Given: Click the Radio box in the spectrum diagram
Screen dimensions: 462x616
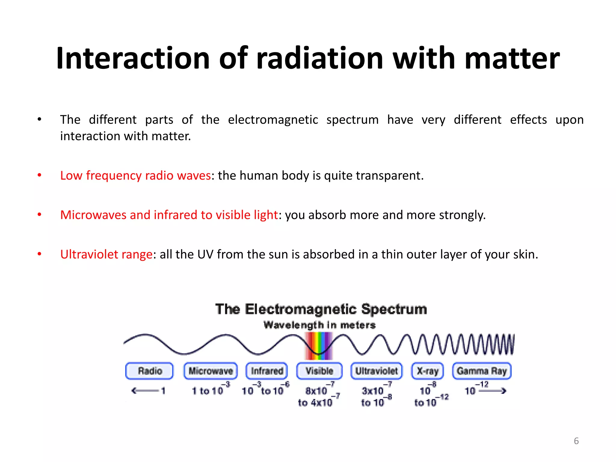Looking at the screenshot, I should tap(149, 371).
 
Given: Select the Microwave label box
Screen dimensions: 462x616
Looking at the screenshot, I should tap(211, 371).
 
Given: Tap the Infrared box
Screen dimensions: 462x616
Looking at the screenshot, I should tap(267, 371).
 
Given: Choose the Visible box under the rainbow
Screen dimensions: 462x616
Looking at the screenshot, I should tap(319, 371).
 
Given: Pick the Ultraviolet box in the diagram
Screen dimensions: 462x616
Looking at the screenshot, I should tap(377, 371).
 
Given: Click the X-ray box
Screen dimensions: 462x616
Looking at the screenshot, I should tap(427, 371).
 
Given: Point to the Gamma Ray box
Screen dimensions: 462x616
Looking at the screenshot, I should tap(482, 371).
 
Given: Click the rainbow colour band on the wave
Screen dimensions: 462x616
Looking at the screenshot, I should tap(319, 346).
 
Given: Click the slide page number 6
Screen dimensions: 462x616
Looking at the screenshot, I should tap(576, 441).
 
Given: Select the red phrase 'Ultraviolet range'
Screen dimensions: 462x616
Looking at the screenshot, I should tap(106, 254).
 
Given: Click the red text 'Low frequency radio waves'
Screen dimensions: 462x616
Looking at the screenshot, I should tap(135, 175).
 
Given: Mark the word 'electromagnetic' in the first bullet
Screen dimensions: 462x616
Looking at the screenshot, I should tap(273, 120).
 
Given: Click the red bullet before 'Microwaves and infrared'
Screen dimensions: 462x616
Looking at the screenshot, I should tap(39, 214).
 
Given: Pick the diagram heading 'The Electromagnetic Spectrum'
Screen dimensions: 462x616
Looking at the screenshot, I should tap(321, 309).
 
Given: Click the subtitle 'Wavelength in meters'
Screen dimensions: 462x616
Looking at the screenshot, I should tap(319, 325).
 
